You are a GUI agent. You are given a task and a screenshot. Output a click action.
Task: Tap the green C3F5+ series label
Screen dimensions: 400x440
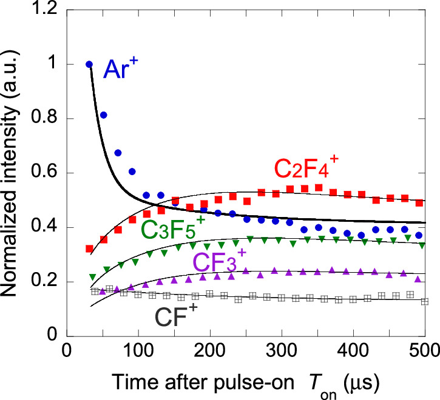[x=173, y=228]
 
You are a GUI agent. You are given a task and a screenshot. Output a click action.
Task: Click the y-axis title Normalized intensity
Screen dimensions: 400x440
[x=13, y=173]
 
